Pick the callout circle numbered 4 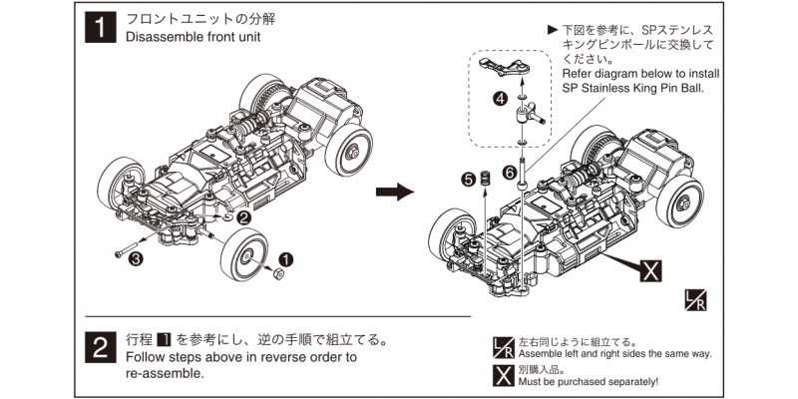pos(500,99)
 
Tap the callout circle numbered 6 pos(510,173)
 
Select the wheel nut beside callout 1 pos(280,274)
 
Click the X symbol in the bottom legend pos(505,375)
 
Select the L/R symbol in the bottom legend pos(505,347)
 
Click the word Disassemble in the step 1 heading pos(168,38)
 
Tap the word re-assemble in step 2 pos(165,374)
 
